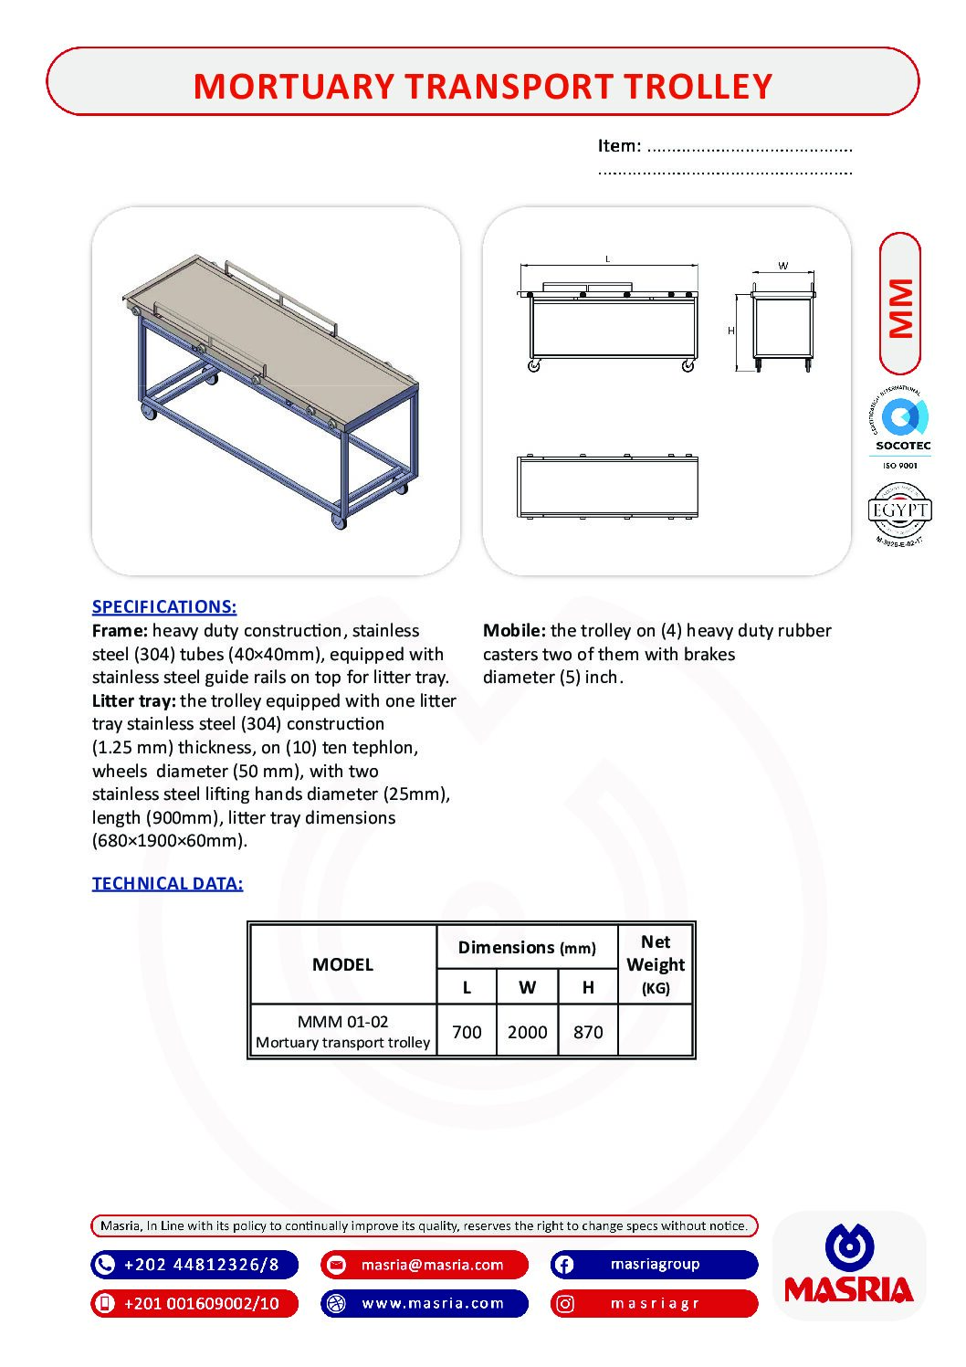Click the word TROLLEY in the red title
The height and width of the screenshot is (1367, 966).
click(698, 87)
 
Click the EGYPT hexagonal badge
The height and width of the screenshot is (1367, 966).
click(899, 511)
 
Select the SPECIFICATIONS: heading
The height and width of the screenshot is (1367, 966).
click(164, 606)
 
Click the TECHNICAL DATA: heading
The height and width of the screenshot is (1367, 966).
click(167, 883)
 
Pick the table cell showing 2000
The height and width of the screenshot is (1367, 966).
click(527, 1032)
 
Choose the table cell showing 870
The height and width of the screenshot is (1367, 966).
click(588, 1032)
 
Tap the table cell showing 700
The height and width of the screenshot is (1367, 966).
click(467, 1032)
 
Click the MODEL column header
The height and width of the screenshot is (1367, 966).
click(342, 964)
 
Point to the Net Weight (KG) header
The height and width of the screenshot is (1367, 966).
click(656, 964)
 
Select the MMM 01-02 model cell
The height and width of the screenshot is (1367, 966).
click(342, 1031)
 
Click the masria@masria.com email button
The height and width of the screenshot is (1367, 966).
click(425, 1265)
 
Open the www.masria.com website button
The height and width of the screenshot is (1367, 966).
click(425, 1303)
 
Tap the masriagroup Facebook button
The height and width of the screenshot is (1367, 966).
click(654, 1265)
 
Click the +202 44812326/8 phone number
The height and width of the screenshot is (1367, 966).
click(194, 1265)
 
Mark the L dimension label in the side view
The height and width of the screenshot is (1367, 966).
click(608, 259)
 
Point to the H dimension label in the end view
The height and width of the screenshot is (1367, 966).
click(730, 331)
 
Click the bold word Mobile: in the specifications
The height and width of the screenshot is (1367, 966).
click(514, 630)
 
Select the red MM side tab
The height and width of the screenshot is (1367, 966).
click(900, 305)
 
